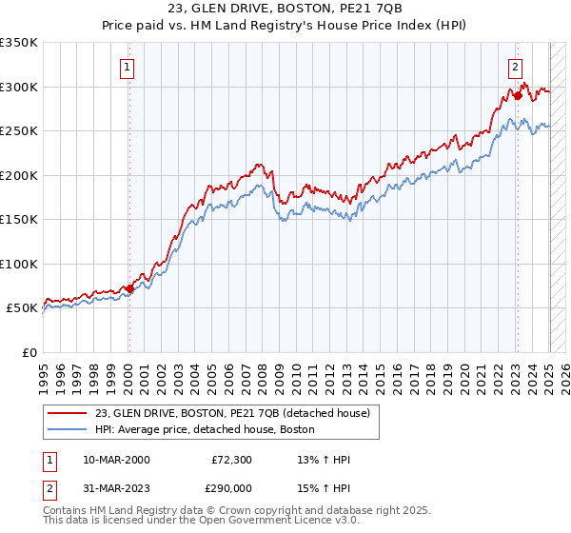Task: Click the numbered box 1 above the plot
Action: (128, 67)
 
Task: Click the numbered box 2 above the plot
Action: (515, 67)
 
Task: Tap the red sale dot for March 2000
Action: (129, 288)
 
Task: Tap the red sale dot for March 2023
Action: (518, 95)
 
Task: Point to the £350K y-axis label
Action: (18, 43)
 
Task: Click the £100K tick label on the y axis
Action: (18, 264)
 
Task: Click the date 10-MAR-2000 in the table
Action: (116, 460)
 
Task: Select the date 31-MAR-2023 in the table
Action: (116, 486)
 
